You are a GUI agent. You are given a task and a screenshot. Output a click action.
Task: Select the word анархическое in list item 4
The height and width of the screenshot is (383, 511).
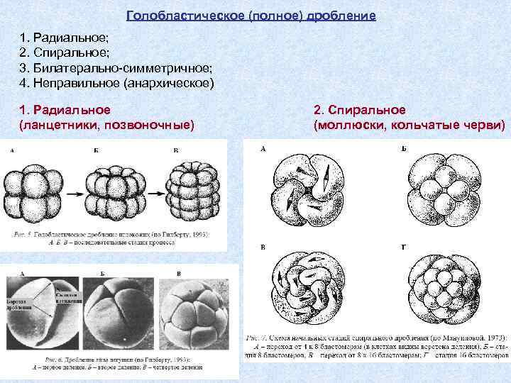tap(167, 84)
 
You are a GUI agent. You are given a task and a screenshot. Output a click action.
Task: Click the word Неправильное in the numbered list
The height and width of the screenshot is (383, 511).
tap(76, 84)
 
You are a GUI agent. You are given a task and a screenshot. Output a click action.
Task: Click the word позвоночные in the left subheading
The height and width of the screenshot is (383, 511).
tap(148, 125)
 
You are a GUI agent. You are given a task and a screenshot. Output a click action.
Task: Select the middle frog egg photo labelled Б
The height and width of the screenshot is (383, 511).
tap(119, 310)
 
